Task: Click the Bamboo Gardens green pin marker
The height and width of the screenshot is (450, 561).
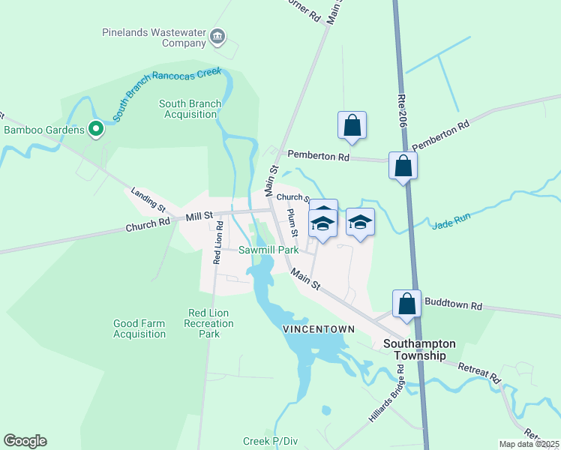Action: (96, 130)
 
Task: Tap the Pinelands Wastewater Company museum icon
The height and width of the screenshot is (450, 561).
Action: (218, 36)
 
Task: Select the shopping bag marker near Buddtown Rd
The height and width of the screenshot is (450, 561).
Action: (406, 304)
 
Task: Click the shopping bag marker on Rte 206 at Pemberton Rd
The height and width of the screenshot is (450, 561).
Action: (403, 166)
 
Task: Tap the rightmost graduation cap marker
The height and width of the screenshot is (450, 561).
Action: (360, 223)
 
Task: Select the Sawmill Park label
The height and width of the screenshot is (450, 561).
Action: (269, 250)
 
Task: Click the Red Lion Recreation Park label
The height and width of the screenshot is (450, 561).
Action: (210, 323)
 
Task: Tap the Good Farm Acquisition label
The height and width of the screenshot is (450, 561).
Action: (139, 328)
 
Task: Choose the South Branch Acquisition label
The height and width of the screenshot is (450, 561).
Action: (190, 109)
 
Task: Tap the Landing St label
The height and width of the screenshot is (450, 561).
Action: (147, 199)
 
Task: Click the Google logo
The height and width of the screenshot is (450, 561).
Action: (25, 441)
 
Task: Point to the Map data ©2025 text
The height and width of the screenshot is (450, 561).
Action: (529, 444)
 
